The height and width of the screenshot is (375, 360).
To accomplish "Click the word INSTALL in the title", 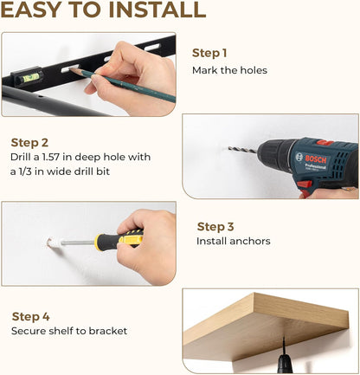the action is tap(157, 10).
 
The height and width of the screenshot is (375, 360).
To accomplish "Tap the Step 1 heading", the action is tap(209, 53).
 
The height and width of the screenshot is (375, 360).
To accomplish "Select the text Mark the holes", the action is tap(229, 70).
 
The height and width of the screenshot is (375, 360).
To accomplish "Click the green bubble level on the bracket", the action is tap(31, 77).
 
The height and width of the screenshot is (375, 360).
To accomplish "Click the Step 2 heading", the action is tap(29, 143).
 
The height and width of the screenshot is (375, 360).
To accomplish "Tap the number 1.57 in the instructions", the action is tap(51, 157).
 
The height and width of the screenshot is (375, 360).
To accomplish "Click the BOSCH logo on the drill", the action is tap(316, 159).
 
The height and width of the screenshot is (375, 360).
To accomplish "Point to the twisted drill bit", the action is tap(243, 150).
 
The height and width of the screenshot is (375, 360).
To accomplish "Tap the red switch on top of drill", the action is tap(325, 142).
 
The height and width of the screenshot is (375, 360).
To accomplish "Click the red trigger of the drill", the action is tap(305, 184).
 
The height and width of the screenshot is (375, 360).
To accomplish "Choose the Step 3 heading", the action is tap(215, 227).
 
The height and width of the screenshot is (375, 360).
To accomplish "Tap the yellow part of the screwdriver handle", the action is tap(132, 237).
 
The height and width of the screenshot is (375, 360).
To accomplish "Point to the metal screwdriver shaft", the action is tap(78, 242).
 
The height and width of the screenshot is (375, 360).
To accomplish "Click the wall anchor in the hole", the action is tap(54, 242).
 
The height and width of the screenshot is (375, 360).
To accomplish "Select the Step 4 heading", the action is tap(31, 317).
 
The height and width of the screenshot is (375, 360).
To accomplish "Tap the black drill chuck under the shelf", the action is tap(285, 363).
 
